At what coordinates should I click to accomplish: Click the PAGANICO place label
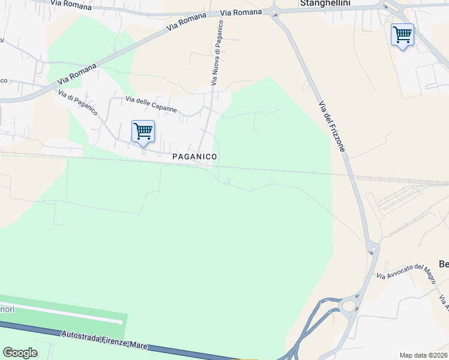tap(194, 156)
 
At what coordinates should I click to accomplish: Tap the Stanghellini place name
tap(324, 3)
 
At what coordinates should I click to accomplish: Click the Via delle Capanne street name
tap(151, 104)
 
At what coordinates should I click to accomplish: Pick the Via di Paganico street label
tap(78, 103)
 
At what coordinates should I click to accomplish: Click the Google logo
tap(20, 353)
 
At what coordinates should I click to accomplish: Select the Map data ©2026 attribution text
tap(424, 355)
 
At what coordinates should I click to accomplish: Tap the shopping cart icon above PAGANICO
tap(143, 131)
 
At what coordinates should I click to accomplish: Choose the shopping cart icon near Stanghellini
tap(402, 35)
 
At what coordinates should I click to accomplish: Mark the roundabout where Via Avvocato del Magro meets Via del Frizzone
tap(373, 248)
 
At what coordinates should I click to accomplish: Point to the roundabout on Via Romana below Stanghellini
tap(274, 11)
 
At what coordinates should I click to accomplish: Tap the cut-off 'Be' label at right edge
tap(444, 264)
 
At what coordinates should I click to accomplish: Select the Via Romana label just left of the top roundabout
tap(241, 12)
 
